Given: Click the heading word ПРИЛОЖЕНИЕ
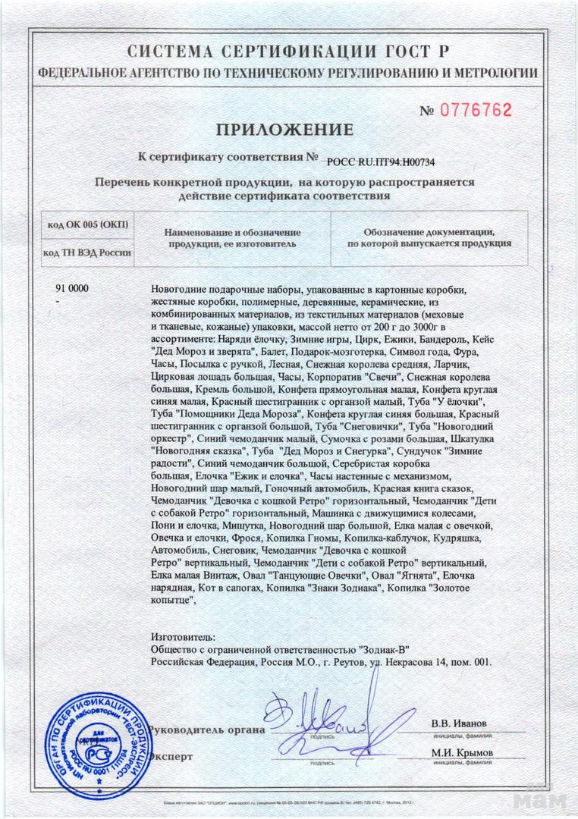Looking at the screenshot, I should click(285, 130).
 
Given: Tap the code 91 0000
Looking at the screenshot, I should click(72, 290).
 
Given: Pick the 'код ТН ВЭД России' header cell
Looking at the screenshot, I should click(88, 253).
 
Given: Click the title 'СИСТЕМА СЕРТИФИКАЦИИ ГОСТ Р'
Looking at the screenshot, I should click(288, 52).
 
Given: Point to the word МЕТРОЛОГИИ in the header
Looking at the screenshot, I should click(497, 74).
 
